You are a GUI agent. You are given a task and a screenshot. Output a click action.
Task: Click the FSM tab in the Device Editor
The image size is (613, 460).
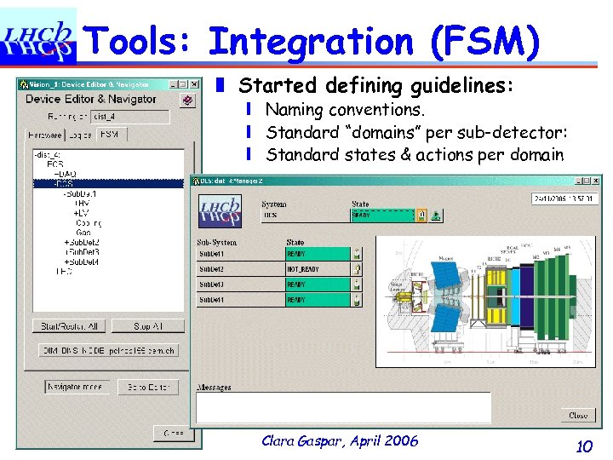point(111,135)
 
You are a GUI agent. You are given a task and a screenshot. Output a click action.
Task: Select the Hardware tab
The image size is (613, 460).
point(45,135)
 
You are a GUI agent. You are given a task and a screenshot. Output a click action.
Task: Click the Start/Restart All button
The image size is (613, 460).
point(69,326)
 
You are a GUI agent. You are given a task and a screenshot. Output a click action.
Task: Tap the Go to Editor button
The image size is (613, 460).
point(149,387)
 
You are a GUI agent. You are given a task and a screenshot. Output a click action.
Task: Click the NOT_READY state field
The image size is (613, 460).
point(317,269)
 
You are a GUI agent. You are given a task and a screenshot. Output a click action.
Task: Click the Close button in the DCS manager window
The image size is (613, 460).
point(578,416)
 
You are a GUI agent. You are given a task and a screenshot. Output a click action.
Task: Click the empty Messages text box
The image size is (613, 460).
point(343,406)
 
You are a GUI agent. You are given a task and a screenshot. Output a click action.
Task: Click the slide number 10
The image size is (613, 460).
point(583,445)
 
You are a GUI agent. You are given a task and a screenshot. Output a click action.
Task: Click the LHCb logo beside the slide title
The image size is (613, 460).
point(38,37)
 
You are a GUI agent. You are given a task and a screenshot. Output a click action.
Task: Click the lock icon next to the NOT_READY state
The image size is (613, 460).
point(358,269)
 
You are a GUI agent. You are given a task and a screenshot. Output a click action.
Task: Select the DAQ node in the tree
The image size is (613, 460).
point(67,174)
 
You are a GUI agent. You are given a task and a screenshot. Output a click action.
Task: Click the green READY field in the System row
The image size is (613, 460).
point(381,216)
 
